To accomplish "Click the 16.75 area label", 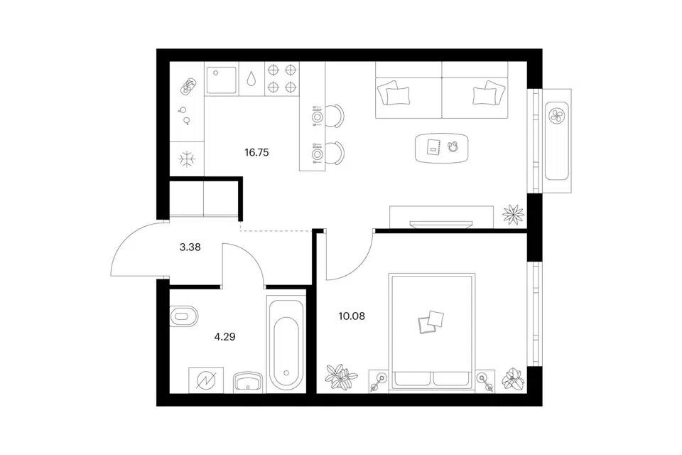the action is pos(256,152).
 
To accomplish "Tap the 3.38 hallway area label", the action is pos(190,247).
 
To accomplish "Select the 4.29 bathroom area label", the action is pos(225,336).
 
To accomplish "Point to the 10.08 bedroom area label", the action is pos(352,316).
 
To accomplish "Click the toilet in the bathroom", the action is pos(183,316).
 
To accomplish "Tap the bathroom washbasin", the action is pos(247,382).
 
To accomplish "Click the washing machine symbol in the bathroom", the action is pos(206,380).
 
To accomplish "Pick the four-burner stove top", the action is pos(281,79).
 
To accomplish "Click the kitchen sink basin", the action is pos(222,80).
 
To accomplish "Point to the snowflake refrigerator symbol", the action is pos(187,159).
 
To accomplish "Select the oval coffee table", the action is pos(441,148).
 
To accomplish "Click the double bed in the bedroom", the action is pos(432,331).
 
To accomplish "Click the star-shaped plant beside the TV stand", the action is pos(513,214).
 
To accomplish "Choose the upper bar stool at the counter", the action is pos(335,117).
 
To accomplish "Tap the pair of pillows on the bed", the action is pos(431,322).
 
